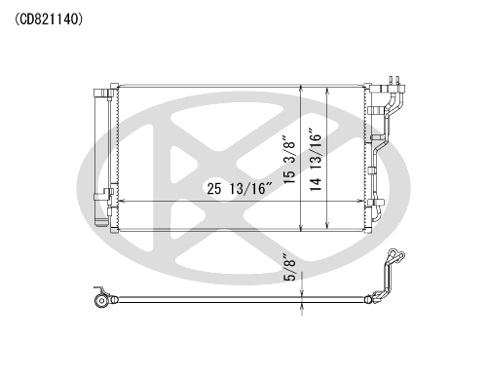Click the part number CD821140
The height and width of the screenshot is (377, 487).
click(x=49, y=20)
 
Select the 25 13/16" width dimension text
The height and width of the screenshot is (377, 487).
click(x=240, y=188)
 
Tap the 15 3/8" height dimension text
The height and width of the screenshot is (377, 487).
click(x=289, y=160)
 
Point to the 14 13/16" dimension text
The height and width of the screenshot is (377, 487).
click(x=316, y=160)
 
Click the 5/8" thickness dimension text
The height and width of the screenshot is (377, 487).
click(x=290, y=268)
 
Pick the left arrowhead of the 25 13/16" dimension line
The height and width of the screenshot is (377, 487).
click(x=122, y=202)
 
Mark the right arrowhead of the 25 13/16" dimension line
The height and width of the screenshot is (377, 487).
click(x=360, y=202)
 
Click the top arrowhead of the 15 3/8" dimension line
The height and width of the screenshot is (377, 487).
click(x=302, y=89)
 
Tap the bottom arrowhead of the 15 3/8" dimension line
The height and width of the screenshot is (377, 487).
click(x=302, y=228)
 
